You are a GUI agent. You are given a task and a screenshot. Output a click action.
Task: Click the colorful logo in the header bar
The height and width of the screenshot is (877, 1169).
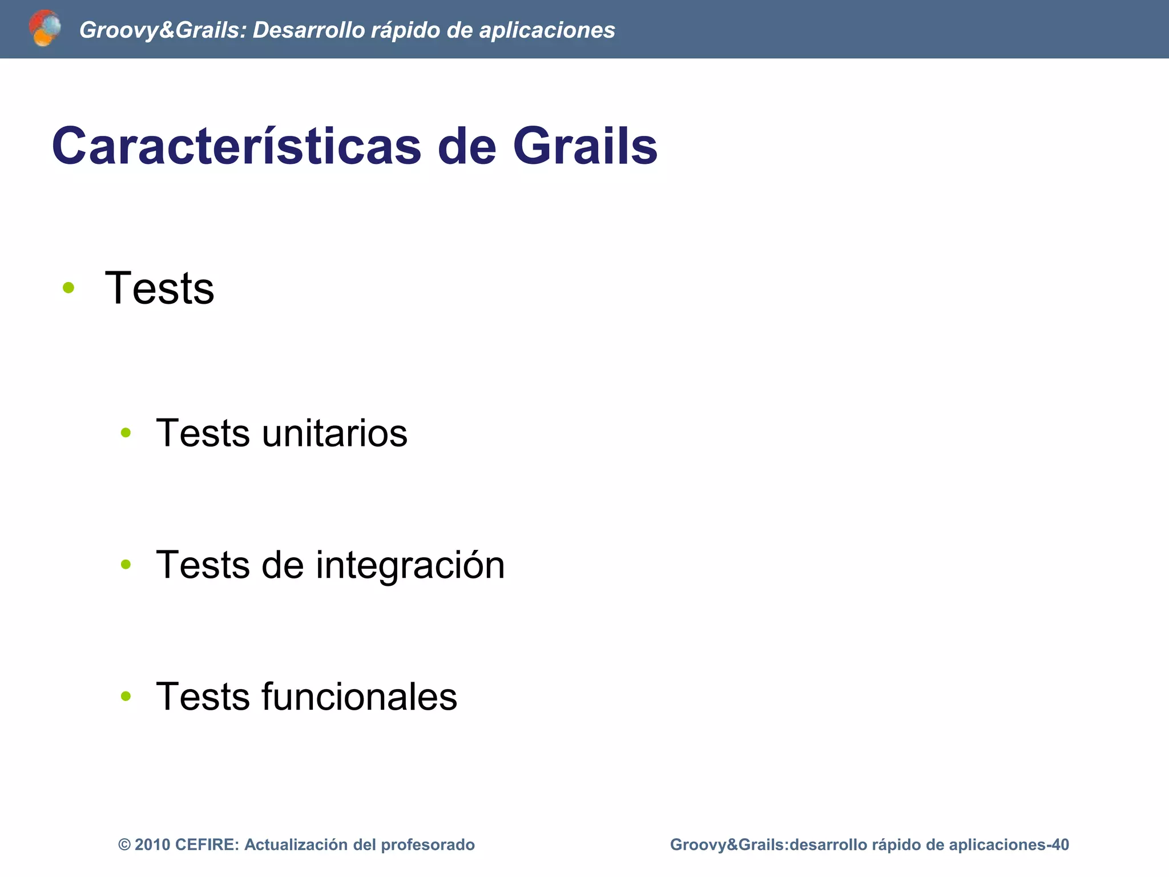click(45, 28)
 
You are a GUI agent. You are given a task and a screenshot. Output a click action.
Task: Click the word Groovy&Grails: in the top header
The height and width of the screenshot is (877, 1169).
click(162, 30)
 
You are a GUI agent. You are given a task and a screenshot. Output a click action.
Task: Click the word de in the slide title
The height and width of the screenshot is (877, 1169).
click(466, 146)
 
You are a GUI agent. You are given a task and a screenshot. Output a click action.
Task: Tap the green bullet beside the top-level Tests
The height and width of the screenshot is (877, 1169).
click(68, 288)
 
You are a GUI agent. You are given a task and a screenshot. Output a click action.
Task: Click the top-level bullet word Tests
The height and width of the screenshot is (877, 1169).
click(160, 288)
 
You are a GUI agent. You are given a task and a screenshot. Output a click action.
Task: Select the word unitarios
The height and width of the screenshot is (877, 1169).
click(334, 433)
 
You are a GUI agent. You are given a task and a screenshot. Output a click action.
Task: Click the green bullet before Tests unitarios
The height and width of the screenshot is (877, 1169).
click(126, 433)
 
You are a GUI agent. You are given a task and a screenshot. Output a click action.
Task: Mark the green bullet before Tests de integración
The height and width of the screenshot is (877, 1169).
click(126, 565)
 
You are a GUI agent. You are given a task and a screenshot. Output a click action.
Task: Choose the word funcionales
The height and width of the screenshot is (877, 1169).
click(359, 697)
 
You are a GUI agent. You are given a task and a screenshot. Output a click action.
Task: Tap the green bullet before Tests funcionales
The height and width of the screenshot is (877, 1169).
click(126, 696)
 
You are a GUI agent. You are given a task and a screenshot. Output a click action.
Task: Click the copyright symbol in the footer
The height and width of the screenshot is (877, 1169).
click(124, 845)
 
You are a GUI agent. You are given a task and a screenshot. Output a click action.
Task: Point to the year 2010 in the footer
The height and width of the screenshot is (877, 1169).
click(152, 845)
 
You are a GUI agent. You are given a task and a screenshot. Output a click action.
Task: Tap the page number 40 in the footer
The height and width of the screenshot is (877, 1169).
click(1061, 845)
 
